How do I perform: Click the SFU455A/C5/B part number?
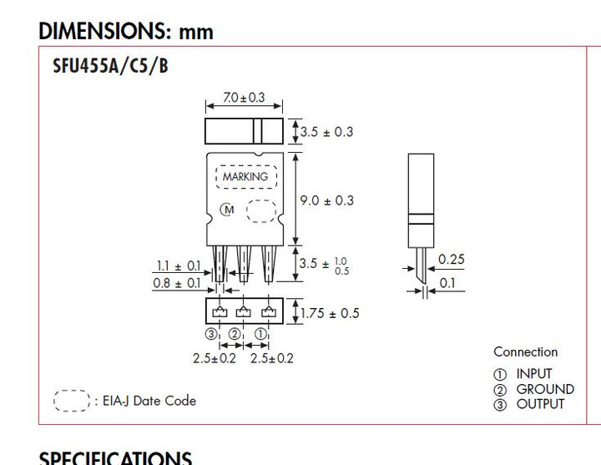pos(110,66)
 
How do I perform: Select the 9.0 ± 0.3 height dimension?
pos(326,200)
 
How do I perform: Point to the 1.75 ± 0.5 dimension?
pos(329,313)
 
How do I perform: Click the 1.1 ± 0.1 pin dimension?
pos(178,266)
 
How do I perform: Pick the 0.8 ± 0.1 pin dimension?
pos(176,284)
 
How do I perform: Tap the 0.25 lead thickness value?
pos(452,260)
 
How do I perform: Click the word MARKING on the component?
pos(245,177)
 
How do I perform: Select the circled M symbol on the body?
pos(226,210)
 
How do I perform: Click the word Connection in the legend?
pos(525,351)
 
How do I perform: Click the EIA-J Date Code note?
pos(149,401)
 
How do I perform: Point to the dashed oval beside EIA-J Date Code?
pos(71,401)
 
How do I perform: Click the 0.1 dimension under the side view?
pos(447,283)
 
